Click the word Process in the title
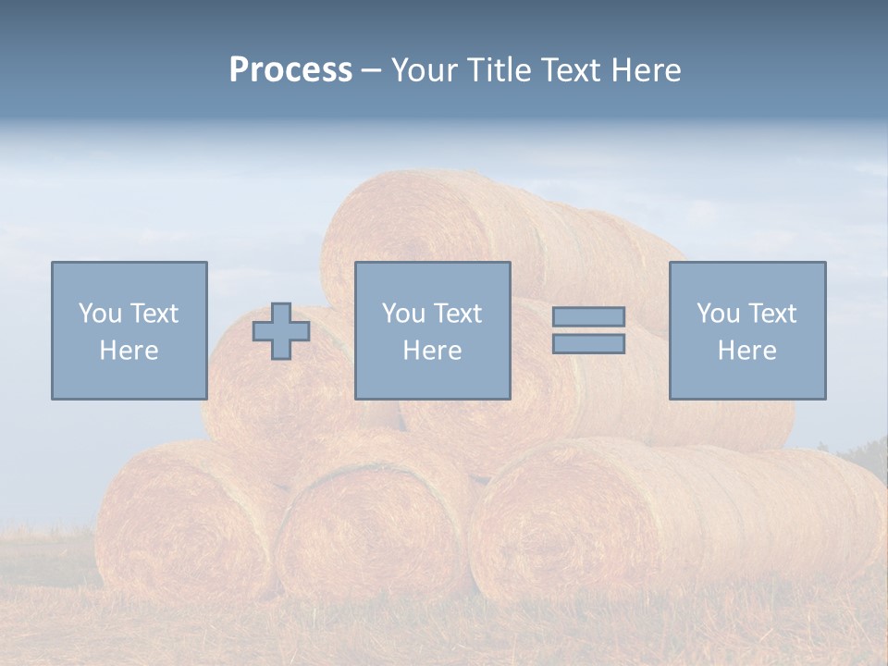point(290,70)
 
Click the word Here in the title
point(645,70)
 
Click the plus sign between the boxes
point(281,331)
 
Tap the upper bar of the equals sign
point(588,316)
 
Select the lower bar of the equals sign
point(588,343)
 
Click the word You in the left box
point(98,313)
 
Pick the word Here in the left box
point(129,351)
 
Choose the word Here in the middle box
point(432,351)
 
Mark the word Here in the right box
point(746,351)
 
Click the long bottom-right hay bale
point(684,518)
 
